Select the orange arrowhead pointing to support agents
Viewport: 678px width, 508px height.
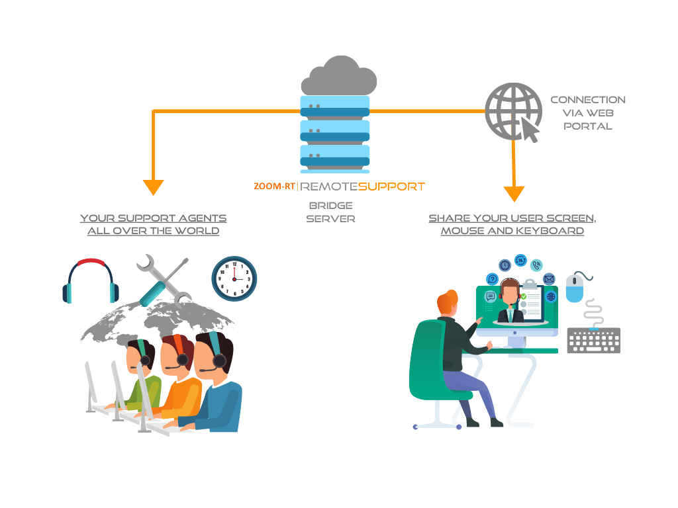click(x=153, y=187)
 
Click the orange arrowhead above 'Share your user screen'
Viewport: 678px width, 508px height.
click(x=514, y=194)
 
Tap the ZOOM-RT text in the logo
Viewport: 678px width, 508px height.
click(x=273, y=187)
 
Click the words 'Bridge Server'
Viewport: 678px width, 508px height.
click(x=330, y=212)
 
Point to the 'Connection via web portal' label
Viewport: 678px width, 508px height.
click(x=588, y=112)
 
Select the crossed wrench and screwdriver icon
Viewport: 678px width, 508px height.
click(x=162, y=281)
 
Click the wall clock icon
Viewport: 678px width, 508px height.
click(x=234, y=278)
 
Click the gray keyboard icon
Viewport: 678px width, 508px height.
click(x=593, y=340)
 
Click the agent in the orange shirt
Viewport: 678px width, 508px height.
click(x=181, y=390)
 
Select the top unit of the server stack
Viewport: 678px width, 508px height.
click(x=335, y=106)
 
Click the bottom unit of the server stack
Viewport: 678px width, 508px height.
click(x=335, y=157)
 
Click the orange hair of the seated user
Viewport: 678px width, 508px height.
click(x=447, y=302)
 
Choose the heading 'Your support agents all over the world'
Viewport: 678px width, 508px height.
click(x=153, y=224)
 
